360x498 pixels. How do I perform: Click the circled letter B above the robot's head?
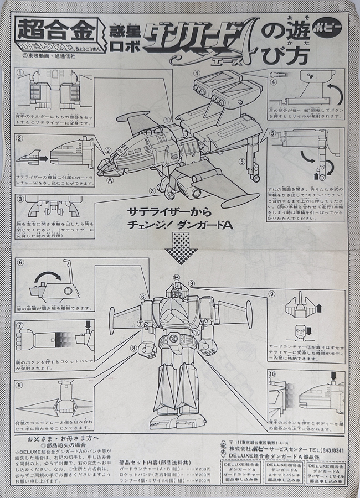[177, 278]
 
